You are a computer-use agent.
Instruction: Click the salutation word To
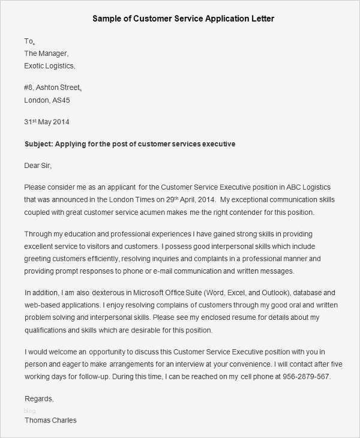(29, 41)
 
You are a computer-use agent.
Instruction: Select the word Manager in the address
(58, 53)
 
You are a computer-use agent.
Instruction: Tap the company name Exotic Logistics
(50, 65)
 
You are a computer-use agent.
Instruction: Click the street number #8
(29, 88)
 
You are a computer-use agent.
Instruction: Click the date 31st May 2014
(47, 122)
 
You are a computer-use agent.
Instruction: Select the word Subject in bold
(40, 144)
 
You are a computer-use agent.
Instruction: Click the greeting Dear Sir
(42, 165)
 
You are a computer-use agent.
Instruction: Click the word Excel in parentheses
(251, 293)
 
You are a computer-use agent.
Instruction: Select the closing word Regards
(39, 398)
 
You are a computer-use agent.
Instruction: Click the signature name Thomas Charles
(50, 420)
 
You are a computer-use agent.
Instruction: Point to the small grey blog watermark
(29, 410)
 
